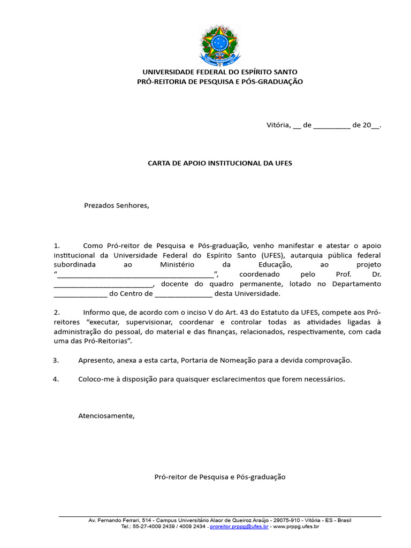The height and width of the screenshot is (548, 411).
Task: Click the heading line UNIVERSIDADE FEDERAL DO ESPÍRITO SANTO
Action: click(x=219, y=72)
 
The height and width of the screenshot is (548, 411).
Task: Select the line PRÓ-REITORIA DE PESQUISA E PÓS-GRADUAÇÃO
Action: click(x=219, y=81)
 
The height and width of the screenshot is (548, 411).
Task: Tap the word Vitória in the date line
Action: click(x=278, y=125)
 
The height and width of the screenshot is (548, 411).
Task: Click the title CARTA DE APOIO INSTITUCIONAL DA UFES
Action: click(x=219, y=163)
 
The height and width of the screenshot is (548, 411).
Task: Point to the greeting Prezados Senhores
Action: click(x=116, y=205)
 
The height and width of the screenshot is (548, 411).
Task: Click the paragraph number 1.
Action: click(x=57, y=245)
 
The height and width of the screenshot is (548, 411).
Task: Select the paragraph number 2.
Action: click(x=57, y=312)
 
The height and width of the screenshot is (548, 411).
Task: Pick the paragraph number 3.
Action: click(x=56, y=360)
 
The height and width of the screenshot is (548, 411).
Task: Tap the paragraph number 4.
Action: click(x=56, y=379)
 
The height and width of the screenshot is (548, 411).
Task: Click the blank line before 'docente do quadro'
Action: click(x=103, y=285)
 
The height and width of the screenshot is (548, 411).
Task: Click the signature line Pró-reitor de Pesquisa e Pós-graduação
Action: click(x=219, y=477)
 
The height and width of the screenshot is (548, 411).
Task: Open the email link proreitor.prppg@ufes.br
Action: click(x=239, y=527)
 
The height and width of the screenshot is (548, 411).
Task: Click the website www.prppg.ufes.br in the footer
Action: click(x=296, y=527)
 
